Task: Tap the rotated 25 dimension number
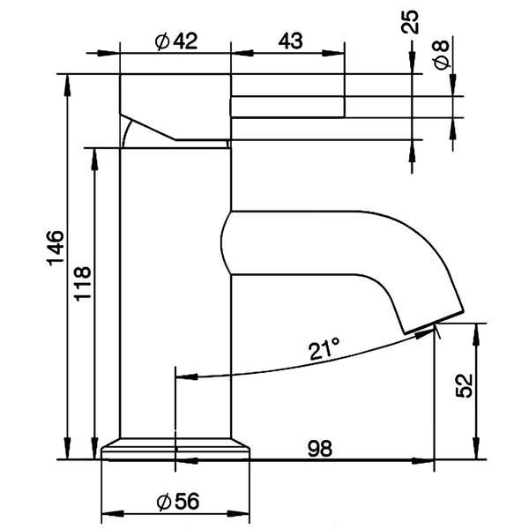point(411,22)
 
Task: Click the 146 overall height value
point(55,250)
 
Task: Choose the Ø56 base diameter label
point(176,502)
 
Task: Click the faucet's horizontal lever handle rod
point(287,106)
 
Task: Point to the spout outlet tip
point(433,321)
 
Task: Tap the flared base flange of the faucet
point(175,449)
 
